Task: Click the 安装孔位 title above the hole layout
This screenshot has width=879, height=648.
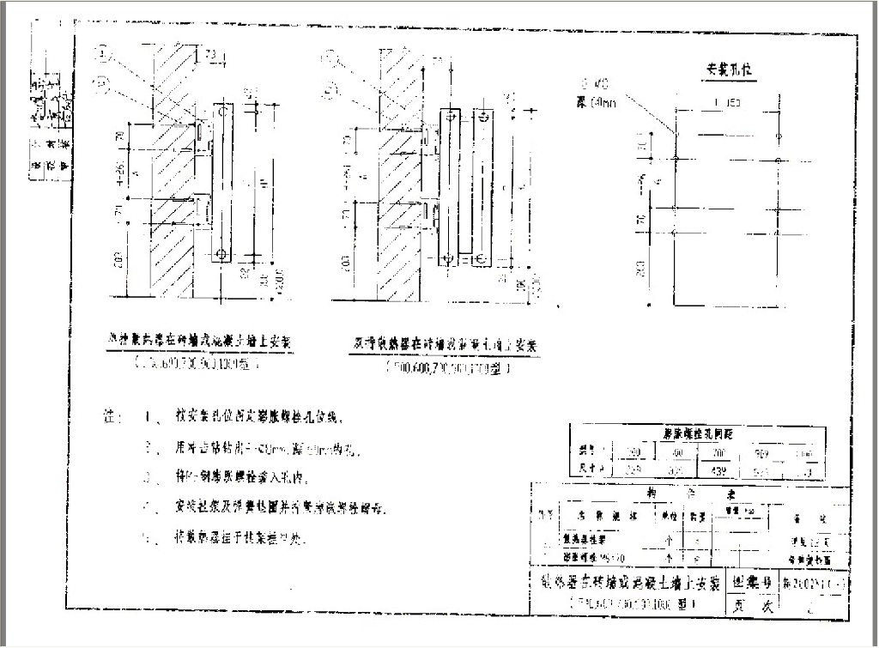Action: tap(725, 69)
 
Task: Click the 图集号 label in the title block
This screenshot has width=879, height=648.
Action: tap(750, 582)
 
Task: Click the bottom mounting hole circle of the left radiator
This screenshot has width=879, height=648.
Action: tap(221, 254)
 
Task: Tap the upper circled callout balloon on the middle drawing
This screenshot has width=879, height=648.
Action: tap(330, 59)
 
